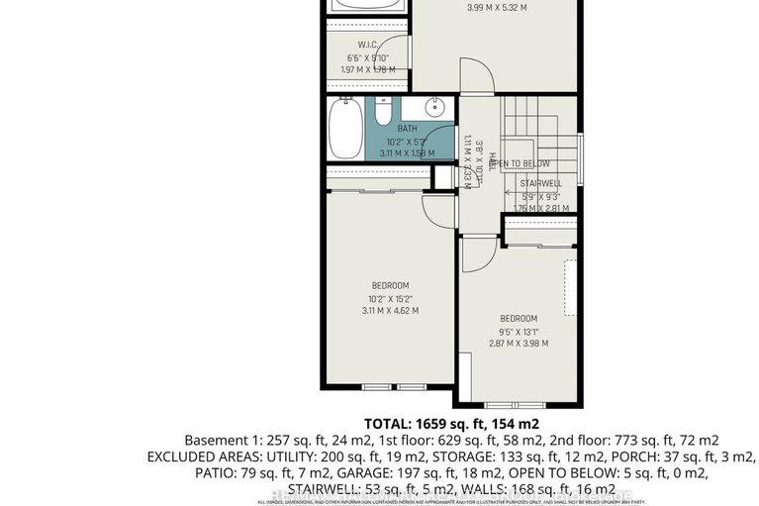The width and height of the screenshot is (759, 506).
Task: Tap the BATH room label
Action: click(408, 129)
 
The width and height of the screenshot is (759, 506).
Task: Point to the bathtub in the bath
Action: click(345, 130)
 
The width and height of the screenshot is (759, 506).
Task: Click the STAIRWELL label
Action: click(540, 183)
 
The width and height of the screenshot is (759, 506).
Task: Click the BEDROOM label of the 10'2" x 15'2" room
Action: click(391, 286)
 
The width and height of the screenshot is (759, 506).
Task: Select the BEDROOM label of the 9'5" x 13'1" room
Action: click(518, 318)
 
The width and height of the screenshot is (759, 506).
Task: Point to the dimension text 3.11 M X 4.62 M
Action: click(391, 310)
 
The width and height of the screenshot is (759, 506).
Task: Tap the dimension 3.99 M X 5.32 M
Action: click(496, 8)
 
